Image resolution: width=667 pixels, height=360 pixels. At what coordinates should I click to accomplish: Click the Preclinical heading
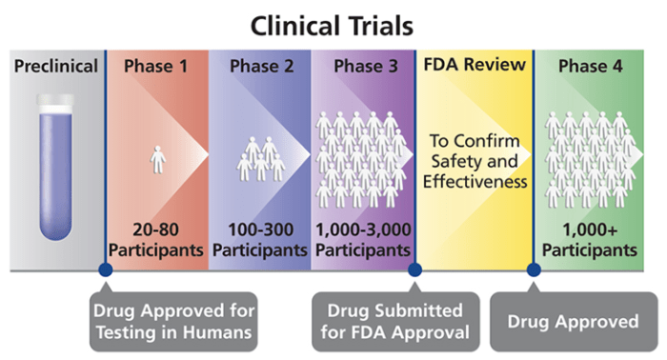(56, 67)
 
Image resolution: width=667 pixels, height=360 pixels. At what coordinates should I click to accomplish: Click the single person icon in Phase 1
(158, 158)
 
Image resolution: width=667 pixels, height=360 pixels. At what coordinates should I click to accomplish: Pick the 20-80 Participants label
(156, 240)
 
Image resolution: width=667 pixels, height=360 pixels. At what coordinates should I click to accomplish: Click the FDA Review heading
(475, 66)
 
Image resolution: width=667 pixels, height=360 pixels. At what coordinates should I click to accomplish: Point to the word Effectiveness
(475, 181)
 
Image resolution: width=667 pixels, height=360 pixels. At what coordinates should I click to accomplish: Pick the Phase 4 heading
(593, 67)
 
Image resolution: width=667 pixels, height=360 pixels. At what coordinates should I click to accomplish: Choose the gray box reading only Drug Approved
(575, 321)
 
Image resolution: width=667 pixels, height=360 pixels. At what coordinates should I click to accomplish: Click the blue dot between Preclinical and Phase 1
(105, 270)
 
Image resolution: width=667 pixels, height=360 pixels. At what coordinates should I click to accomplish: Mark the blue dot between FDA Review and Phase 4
(534, 270)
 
